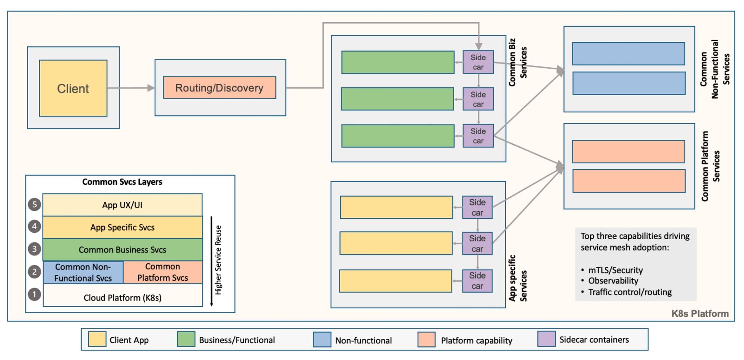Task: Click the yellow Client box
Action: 73,88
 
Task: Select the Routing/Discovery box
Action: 219,88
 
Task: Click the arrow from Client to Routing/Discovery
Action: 131,88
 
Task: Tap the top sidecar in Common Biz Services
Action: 478,62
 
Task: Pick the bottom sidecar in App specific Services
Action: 477,281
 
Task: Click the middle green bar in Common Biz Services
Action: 397,99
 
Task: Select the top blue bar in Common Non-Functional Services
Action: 628,54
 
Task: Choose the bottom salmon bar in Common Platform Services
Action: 628,181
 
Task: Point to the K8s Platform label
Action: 700,313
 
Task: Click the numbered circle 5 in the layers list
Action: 34,205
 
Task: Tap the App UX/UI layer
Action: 122,205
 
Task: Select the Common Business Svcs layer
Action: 122,250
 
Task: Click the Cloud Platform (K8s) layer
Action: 122,298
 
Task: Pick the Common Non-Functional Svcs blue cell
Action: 83,272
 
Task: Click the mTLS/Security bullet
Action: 615,270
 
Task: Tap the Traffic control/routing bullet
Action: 629,292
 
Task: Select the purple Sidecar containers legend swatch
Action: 546,339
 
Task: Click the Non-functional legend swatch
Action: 322,340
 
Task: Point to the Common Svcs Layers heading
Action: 122,182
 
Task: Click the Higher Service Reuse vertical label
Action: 218,260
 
